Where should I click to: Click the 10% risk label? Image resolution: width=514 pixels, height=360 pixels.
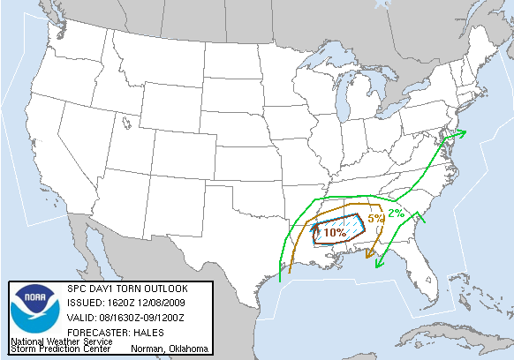(x=335, y=233)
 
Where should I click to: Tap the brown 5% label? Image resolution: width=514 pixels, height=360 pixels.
(x=375, y=218)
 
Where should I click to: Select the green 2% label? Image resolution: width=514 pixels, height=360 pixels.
(x=397, y=213)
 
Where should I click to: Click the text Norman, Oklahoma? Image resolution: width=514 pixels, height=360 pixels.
(x=169, y=349)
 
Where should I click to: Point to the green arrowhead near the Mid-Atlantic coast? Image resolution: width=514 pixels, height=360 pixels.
(x=462, y=134)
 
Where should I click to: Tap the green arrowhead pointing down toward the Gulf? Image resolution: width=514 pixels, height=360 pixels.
(x=378, y=263)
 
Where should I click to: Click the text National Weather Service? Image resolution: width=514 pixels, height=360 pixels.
(x=61, y=341)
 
